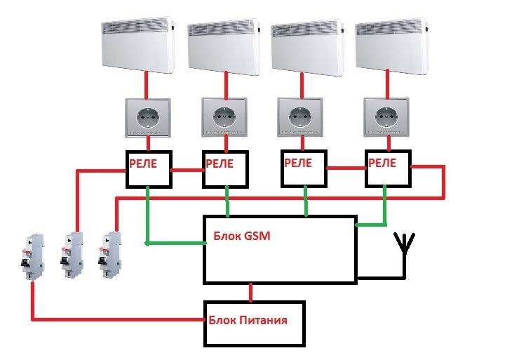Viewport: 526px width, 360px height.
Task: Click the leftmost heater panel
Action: (138, 46)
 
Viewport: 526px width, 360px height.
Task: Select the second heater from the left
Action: (224, 47)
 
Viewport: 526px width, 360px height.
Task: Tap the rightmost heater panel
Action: (391, 46)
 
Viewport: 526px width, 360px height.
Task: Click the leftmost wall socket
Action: (148, 118)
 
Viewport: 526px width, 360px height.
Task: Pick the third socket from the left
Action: (301, 117)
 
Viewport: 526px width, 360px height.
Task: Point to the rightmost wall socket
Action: (386, 117)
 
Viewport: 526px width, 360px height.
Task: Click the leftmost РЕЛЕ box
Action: (149, 169)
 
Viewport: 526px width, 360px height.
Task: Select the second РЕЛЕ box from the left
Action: (225, 169)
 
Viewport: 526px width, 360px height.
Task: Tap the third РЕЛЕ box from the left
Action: (304, 168)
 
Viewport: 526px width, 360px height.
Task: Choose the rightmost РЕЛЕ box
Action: (388, 168)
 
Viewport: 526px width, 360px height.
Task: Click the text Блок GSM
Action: (241, 236)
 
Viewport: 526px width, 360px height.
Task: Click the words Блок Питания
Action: (248, 320)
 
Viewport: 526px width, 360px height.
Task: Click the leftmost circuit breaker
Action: (32, 257)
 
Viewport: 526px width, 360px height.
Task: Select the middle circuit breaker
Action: (72, 255)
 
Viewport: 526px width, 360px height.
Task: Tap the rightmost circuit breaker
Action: (109, 255)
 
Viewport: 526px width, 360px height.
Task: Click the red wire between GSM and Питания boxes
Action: (250, 293)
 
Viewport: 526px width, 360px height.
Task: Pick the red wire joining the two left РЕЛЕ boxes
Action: (187, 170)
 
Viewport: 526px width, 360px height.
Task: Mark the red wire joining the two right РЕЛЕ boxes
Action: (346, 168)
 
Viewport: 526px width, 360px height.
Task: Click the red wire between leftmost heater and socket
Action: (147, 85)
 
